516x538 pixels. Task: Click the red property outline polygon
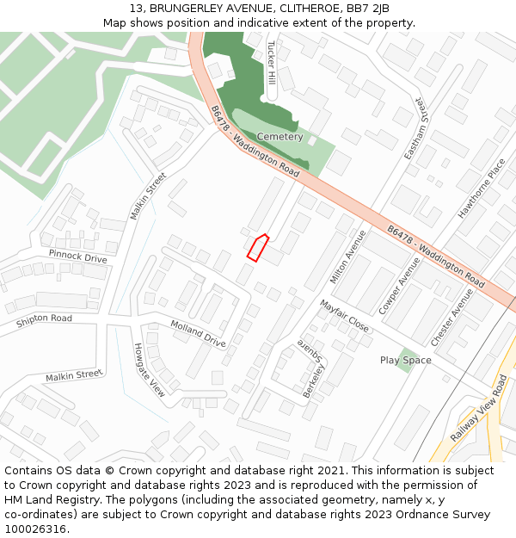tap(257, 247)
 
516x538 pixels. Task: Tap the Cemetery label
tap(279, 137)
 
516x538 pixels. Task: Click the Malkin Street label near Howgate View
tap(74, 375)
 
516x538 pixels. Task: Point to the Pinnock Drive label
tap(77, 257)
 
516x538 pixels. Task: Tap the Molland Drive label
tap(198, 333)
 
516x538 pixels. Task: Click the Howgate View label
tap(149, 370)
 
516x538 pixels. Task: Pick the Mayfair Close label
tap(344, 316)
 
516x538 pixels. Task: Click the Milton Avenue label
tap(348, 257)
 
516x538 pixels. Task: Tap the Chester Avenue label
tap(452, 317)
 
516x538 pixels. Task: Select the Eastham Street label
tap(415, 128)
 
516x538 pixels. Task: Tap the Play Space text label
tap(405, 361)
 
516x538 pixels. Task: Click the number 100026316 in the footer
tap(35, 529)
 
